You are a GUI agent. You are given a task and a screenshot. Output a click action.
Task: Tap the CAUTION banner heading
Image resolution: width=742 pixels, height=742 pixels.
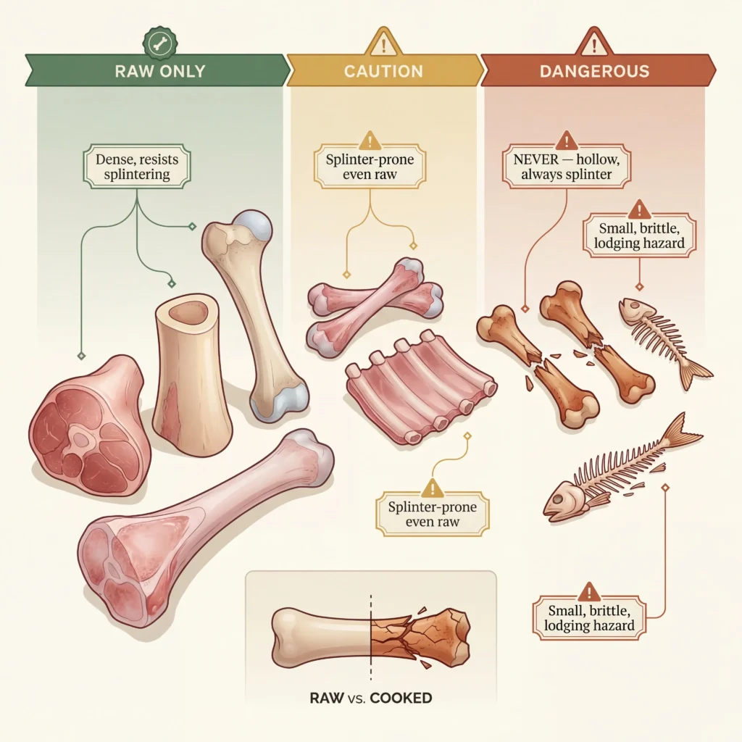pos(383,71)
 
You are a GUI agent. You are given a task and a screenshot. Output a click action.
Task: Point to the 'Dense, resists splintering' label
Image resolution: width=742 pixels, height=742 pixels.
pos(137,167)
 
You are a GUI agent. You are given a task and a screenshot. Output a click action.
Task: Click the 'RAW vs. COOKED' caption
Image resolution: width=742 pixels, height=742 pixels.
pos(370,699)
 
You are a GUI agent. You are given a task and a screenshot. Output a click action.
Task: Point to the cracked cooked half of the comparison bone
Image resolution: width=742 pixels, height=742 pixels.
pos(420,634)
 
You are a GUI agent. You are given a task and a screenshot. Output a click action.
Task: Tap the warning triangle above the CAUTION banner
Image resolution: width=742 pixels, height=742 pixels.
pos(383,45)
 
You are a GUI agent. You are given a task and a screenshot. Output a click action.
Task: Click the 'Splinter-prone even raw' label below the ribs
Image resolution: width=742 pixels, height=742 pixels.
pos(433,514)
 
